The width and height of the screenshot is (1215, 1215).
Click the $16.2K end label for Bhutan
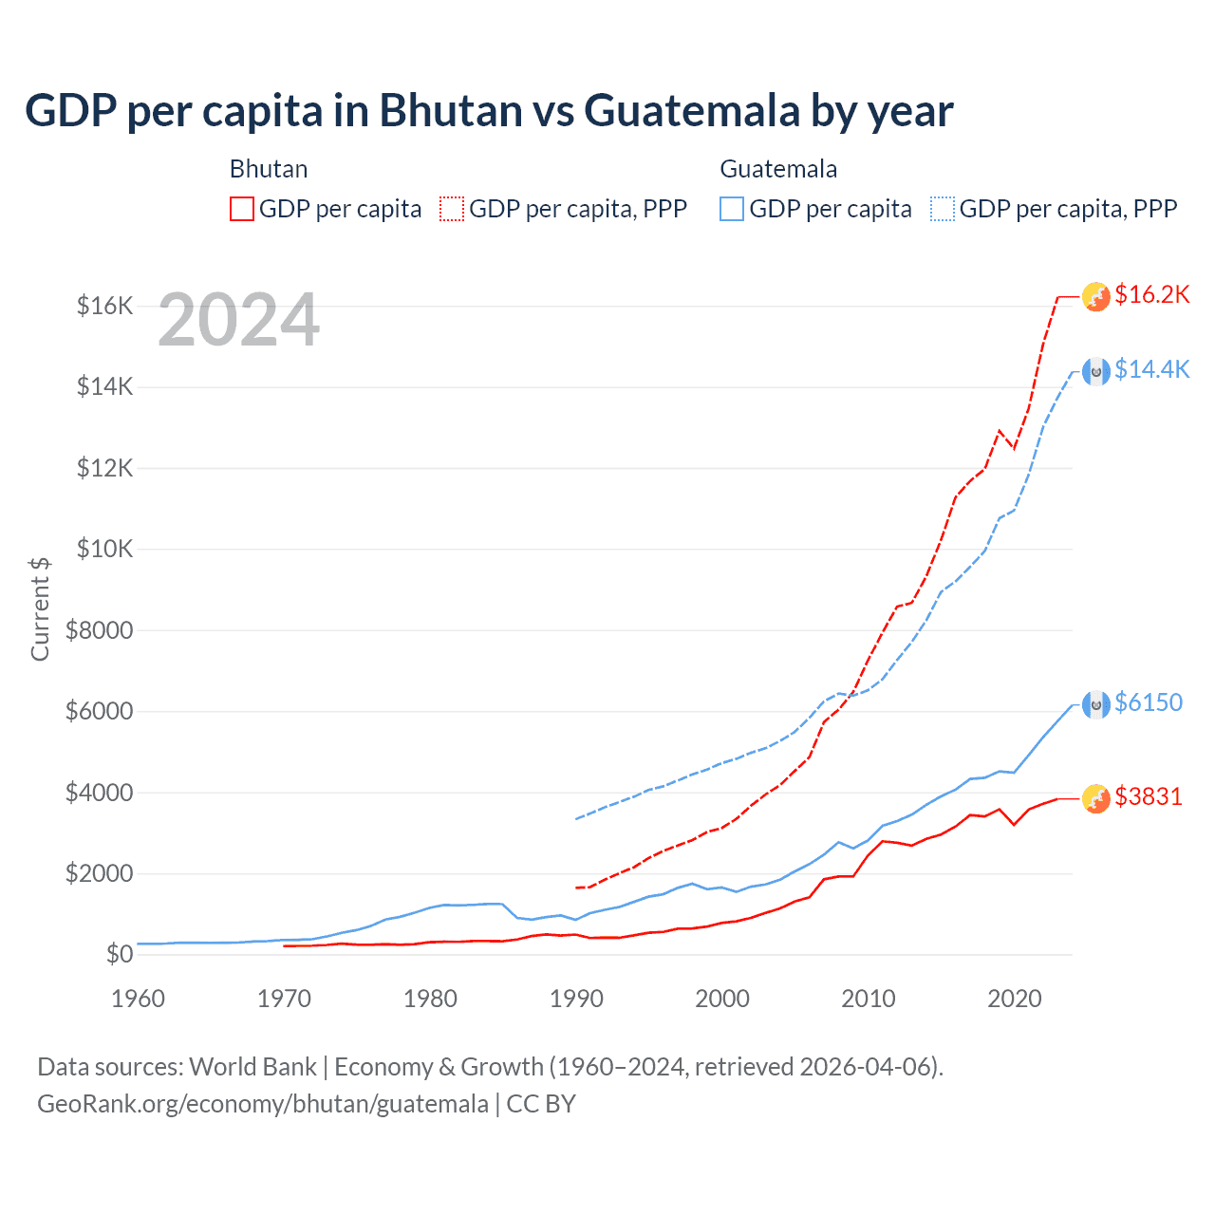coord(1151,295)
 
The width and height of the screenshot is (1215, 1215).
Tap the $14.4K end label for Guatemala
coord(1151,369)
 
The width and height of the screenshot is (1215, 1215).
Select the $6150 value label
coord(1149,702)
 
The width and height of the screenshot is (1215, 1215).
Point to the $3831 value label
coord(1149,796)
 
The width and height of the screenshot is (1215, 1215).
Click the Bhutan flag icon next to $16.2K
coord(1096,296)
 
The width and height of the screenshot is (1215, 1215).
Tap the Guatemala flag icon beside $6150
coord(1096,704)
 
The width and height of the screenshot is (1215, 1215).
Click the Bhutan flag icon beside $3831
coord(1096,798)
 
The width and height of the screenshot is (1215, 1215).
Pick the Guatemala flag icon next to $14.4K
coord(1096,371)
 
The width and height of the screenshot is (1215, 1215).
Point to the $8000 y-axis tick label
coord(100,630)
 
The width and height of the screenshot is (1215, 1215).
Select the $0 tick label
coord(119,954)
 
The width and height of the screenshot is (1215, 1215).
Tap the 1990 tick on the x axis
coord(576,999)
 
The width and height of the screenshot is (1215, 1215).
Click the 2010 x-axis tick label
coord(869,999)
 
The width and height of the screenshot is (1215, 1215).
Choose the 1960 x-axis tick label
coord(139,999)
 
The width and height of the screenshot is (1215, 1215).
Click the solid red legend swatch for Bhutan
coord(242,209)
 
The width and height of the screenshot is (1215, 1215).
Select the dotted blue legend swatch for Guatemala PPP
coord(943,209)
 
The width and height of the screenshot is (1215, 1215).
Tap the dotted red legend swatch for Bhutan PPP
coord(453,209)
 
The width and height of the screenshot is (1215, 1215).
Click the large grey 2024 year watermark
coord(239,320)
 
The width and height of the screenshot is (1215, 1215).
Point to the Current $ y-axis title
coord(40,609)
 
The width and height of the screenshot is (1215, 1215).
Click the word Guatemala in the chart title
coord(692,111)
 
